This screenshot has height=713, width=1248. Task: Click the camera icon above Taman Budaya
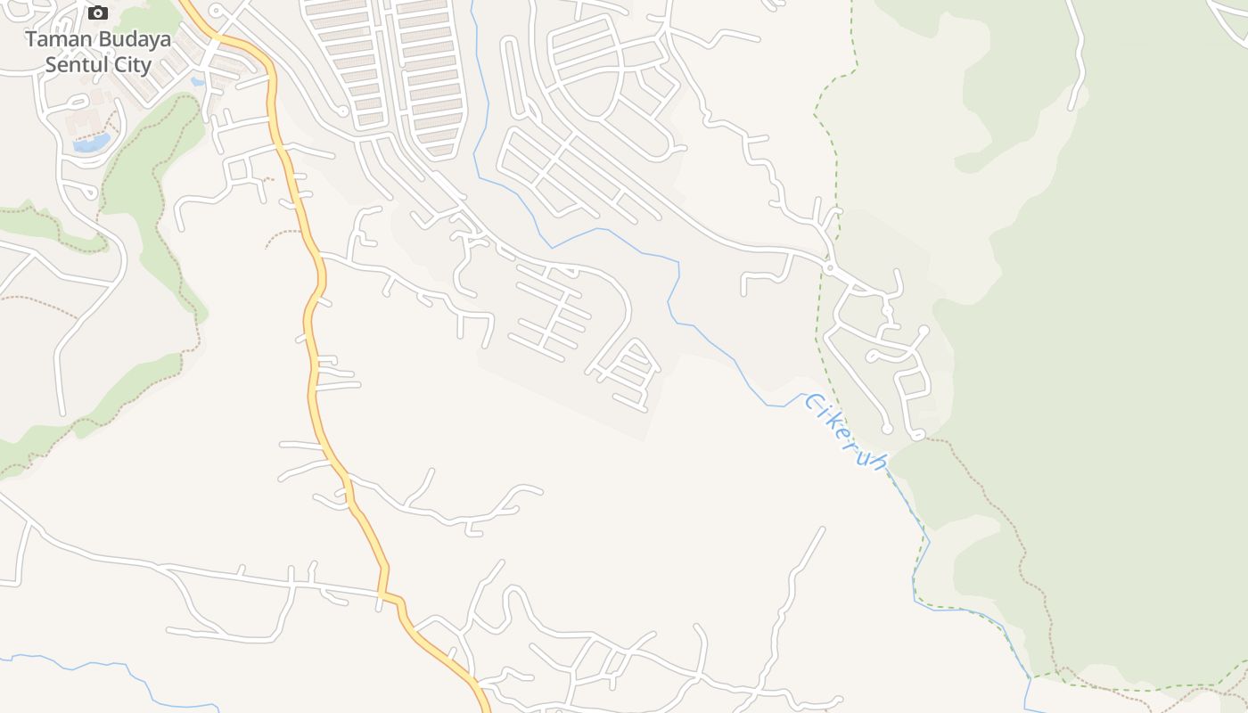pos(98,12)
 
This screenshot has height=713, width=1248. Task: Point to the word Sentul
pos(76,65)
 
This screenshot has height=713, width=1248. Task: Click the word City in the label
pos(132,65)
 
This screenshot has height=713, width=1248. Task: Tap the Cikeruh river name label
pos(846,432)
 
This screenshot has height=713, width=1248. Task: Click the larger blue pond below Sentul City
pos(92,143)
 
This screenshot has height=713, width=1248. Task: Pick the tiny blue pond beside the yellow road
pos(198,82)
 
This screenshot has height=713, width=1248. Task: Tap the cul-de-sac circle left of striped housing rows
pos(342,111)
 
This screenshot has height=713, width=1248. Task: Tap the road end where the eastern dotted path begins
pos(918,436)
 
